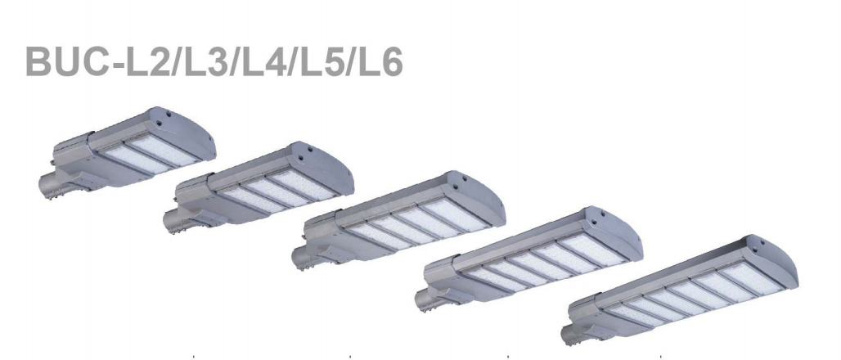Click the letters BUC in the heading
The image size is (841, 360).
[x=67, y=61]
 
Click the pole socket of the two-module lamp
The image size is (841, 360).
[x=50, y=187]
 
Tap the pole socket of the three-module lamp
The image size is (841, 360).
[x=175, y=221]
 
